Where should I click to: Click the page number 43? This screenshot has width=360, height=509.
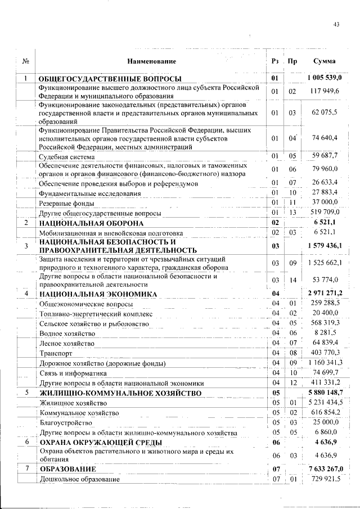pos(337,24)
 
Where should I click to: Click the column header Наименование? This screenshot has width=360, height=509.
pos(151,61)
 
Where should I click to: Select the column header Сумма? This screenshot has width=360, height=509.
pos(326,61)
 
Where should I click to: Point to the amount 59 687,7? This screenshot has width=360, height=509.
pos(325,156)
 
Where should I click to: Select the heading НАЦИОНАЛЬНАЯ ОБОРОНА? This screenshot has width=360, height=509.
pos(91,223)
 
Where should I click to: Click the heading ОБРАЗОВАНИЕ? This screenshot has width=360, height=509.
pos(67,469)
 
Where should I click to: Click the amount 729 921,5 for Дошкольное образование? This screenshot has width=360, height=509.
pos(326,478)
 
